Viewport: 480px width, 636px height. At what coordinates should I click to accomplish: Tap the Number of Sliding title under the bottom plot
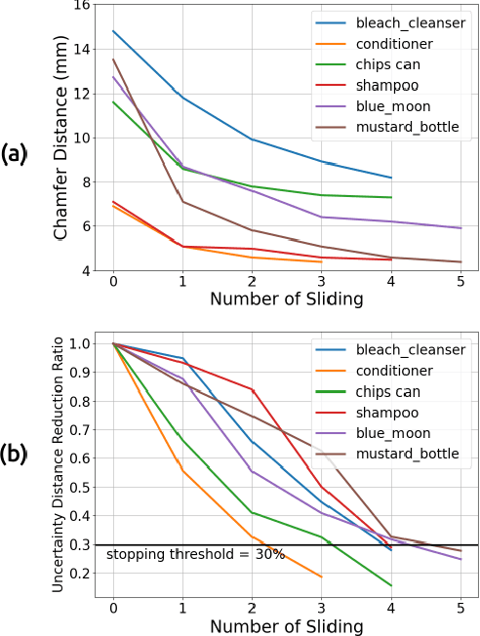[x=287, y=625]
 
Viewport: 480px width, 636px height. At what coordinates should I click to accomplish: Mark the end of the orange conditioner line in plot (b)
[x=322, y=576]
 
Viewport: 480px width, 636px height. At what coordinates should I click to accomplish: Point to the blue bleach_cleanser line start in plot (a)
[x=113, y=31]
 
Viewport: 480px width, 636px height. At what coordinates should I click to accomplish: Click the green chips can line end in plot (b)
[x=391, y=586]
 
